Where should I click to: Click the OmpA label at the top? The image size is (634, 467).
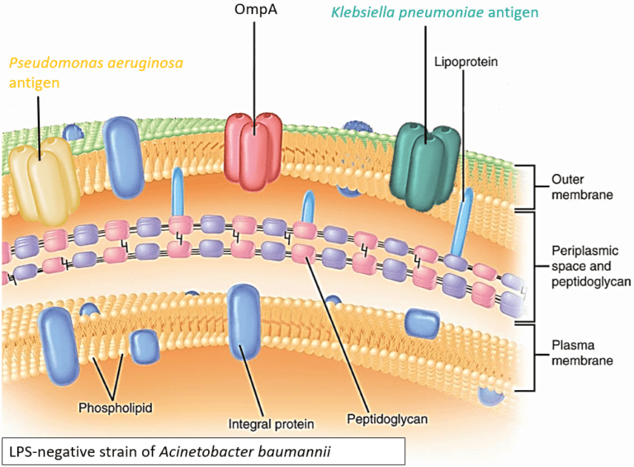pos(256,9)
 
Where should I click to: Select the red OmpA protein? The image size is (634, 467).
pos(253,151)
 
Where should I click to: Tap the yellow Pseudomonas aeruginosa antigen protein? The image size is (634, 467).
pos(43,180)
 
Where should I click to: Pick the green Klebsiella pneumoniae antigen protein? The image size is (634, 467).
pos(424,166)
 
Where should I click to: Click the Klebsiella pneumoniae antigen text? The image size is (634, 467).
pos(435,12)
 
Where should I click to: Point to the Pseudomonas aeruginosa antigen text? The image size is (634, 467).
pos(96,73)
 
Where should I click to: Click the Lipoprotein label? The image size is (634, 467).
pos(466,62)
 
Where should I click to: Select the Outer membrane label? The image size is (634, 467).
pos(582,187)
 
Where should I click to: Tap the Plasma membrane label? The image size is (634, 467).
pos(582,352)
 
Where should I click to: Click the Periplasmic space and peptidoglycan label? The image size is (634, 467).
pos(591,266)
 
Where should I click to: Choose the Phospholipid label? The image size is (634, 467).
pos(116,408)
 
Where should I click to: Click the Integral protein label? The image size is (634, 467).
pos(271,424)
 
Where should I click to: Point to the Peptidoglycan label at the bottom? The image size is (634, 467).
pos(387,419)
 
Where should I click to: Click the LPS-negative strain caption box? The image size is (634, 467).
pos(203,451)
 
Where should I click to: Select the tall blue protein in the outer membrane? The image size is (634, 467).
pos(123,158)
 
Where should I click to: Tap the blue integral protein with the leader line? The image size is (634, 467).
pos(244,321)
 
